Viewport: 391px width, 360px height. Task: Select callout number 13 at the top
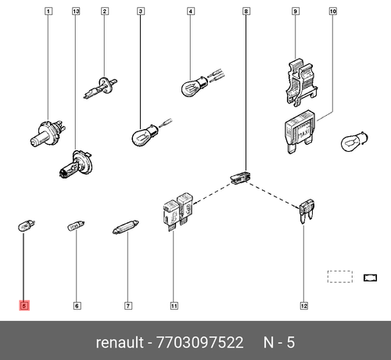76,12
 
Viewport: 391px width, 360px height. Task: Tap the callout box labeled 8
246,12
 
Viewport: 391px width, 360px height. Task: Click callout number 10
332,12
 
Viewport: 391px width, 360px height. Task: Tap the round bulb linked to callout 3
142,138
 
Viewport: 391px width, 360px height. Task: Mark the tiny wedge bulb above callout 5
24,227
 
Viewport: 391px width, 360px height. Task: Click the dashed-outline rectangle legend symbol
339,276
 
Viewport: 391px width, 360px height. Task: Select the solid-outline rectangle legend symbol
371,276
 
